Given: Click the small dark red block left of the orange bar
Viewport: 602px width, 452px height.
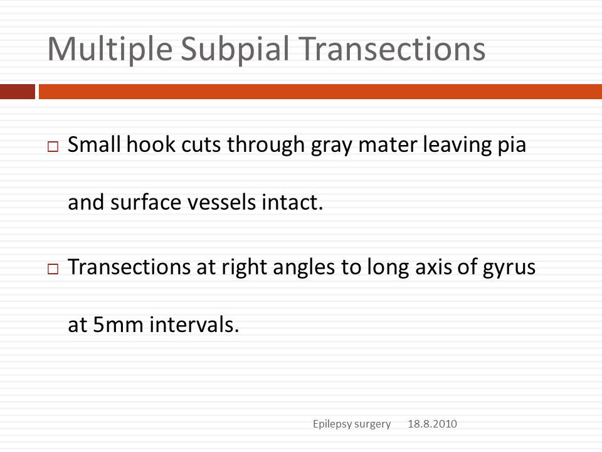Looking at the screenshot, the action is [x=18, y=92].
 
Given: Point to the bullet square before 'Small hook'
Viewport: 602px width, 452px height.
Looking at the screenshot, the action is [x=53, y=146].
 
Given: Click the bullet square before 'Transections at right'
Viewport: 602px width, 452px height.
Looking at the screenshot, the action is [x=53, y=269].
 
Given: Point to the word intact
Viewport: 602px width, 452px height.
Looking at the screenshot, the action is [x=292, y=202].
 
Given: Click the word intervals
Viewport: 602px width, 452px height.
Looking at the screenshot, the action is [x=194, y=325].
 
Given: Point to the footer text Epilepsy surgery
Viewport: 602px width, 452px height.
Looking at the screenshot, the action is [x=352, y=424].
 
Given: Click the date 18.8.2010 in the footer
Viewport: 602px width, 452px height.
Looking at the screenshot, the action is [x=432, y=424].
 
